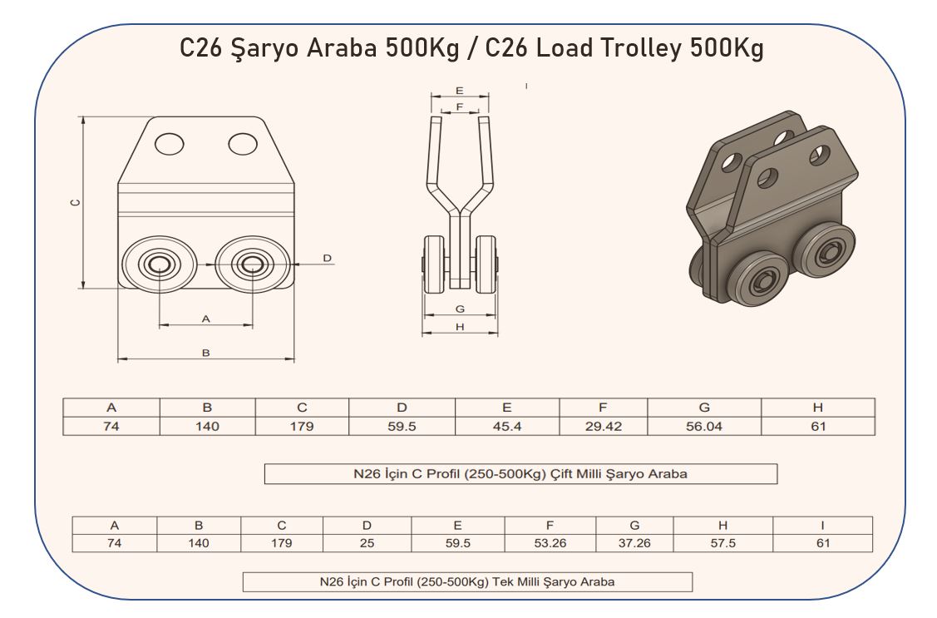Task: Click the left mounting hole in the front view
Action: (169, 144)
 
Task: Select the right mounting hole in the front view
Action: (243, 144)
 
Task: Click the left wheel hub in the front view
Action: (159, 265)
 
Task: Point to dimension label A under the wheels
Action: (206, 319)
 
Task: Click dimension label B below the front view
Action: (206, 353)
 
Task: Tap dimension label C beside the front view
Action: (76, 203)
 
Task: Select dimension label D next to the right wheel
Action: (327, 258)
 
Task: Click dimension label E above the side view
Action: (460, 91)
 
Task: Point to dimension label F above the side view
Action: (460, 107)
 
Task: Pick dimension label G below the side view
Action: (460, 309)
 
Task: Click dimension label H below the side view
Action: (460, 327)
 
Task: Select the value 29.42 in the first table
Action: (604, 427)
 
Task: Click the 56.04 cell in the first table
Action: (704, 427)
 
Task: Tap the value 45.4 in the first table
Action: (507, 427)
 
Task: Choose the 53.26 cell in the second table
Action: (550, 543)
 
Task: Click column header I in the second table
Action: (822, 526)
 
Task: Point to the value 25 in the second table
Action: (367, 543)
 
